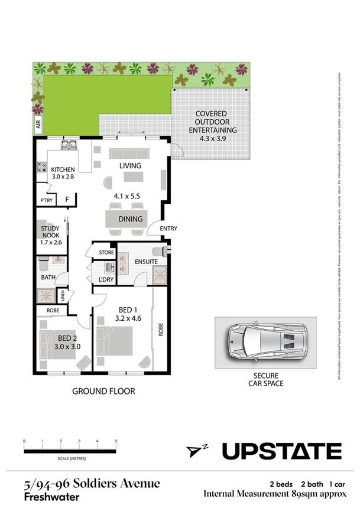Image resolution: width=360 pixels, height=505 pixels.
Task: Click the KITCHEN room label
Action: pos(63,168)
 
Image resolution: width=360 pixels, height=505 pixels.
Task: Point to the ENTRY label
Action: pos(168,229)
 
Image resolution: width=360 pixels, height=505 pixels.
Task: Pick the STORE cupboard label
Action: pos(106,253)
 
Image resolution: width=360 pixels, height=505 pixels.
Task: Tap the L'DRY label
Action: pos(107,279)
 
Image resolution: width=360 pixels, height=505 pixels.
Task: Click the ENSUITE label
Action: pos(146,261)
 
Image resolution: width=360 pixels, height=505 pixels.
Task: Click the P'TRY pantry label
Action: pos(46,201)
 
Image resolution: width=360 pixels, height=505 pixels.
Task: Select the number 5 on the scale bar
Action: pos(116,441)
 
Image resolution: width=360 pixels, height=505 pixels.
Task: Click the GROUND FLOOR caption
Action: pos(103,391)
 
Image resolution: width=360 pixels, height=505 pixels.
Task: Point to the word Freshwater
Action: pos(51,497)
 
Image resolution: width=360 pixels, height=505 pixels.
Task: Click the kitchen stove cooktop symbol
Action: pos(42,168)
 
